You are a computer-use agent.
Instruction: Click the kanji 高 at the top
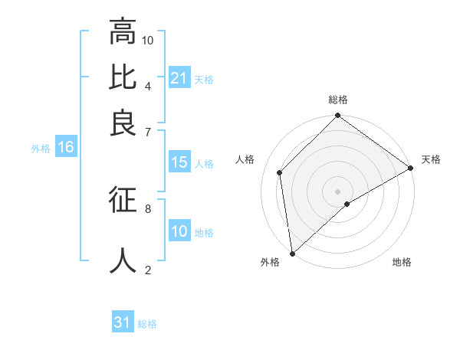pos(123,32)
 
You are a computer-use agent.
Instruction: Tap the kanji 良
pos(123,123)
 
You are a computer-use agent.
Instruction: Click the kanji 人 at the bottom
pos(123,259)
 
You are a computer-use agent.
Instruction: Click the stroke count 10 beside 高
pos(148,40)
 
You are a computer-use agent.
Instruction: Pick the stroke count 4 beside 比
pos(148,85)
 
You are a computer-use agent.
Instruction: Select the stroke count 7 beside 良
pos(148,131)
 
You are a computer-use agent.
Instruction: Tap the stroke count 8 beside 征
pos(148,208)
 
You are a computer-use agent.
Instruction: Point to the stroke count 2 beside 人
pos(148,269)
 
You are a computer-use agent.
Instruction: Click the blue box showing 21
pos(179,78)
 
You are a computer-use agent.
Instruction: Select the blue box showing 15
pos(179,162)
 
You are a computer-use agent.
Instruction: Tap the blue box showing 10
pos(179,231)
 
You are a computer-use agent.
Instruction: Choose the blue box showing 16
pos(66,148)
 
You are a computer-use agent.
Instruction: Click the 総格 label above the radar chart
pos(338,100)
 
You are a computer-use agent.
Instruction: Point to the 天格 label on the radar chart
pos(431,159)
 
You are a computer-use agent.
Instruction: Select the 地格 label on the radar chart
pos(402,262)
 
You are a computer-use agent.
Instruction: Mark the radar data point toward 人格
pos(280,172)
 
